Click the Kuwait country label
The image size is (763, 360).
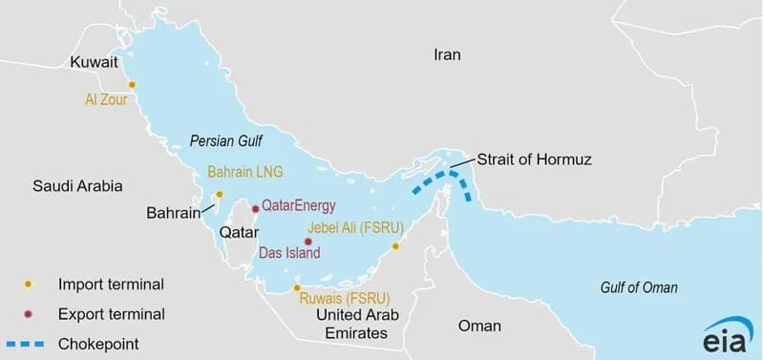[94, 62]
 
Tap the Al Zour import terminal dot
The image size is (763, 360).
[132, 84]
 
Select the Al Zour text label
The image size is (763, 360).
[106, 97]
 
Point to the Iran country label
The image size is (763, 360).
[447, 54]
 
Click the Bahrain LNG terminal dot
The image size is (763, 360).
[219, 194]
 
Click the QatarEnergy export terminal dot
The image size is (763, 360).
[254, 208]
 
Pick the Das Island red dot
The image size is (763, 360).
[307, 242]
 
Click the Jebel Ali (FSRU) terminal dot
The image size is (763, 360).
[395, 246]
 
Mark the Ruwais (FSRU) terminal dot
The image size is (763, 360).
[297, 286]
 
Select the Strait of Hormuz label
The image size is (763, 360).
[534, 159]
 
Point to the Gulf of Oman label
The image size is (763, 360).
[639, 287]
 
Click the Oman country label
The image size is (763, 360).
[479, 326]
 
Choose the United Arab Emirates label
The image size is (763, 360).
[355, 324]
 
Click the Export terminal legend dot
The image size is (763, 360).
[29, 313]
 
